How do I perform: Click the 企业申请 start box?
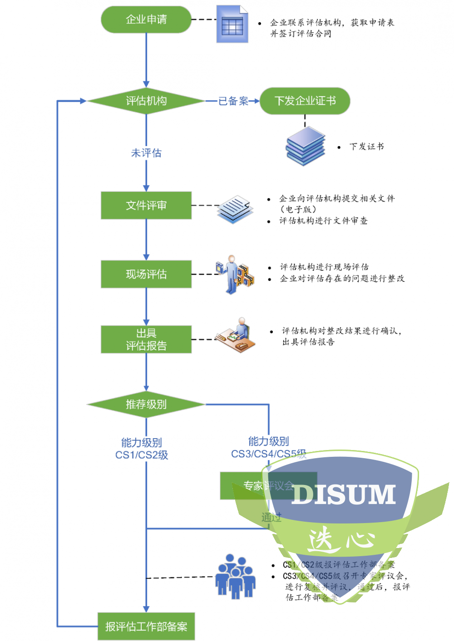pyautogui.click(x=146, y=20)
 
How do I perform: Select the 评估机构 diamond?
pyautogui.click(x=146, y=101)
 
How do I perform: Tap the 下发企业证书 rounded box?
pyautogui.click(x=305, y=101)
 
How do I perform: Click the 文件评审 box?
pyautogui.click(x=146, y=206)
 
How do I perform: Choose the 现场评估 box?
pyautogui.click(x=146, y=274)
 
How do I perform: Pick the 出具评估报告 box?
pyautogui.click(x=146, y=339)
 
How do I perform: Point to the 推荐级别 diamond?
pyautogui.click(x=146, y=404)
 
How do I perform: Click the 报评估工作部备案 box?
pyautogui.click(x=146, y=626)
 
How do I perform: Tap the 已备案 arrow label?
pyautogui.click(x=233, y=101)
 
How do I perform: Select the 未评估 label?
pyautogui.click(x=146, y=153)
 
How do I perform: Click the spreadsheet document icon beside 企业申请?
pyautogui.click(x=232, y=24)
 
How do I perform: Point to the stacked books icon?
pyautogui.click(x=306, y=146)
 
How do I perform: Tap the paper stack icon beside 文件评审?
pyautogui.click(x=235, y=209)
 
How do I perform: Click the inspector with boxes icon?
pyautogui.click(x=235, y=274)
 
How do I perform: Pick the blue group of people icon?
pyautogui.click(x=235, y=577)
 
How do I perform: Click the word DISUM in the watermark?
pyautogui.click(x=344, y=494)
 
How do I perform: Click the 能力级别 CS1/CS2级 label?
pyautogui.click(x=142, y=449)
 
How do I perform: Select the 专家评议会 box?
pyautogui.click(x=268, y=486)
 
